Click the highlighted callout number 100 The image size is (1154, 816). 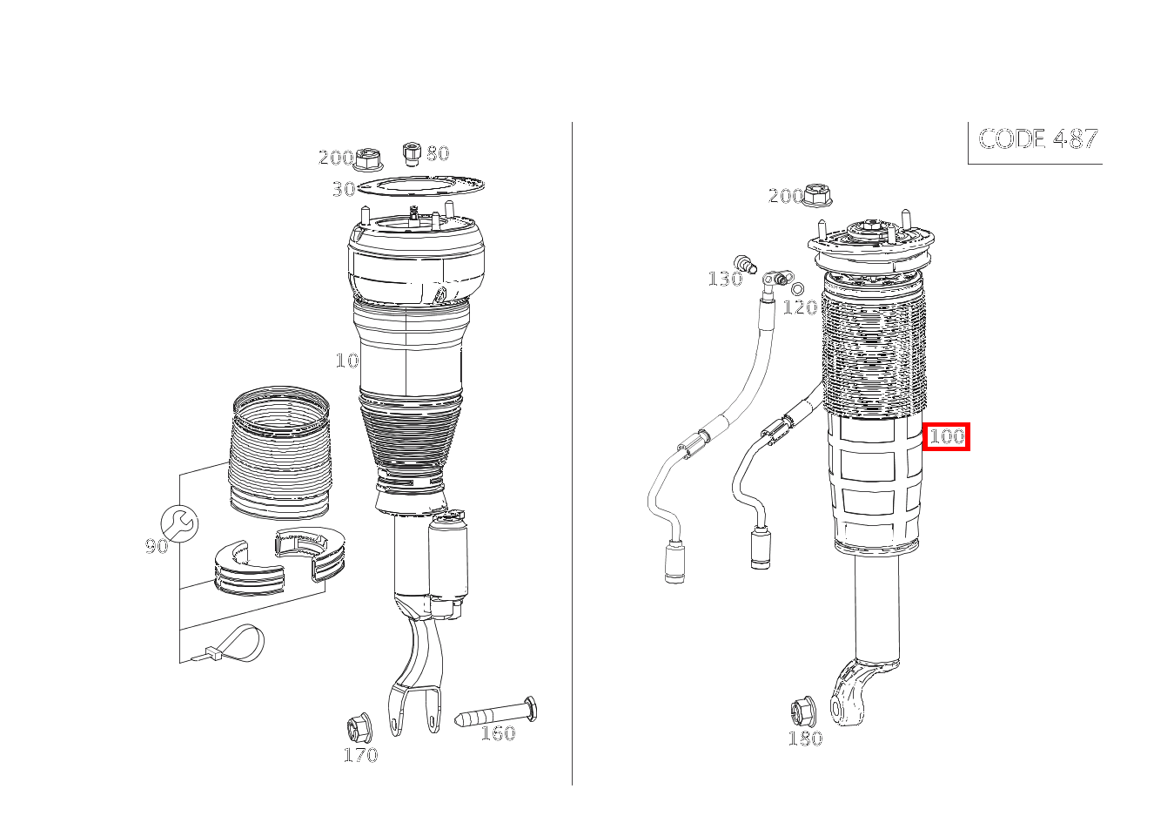(x=946, y=436)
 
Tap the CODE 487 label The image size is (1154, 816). (x=1038, y=139)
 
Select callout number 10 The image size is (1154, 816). (x=347, y=361)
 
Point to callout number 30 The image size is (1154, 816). (x=344, y=189)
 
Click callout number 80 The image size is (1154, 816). (x=438, y=153)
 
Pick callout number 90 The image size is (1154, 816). (x=157, y=546)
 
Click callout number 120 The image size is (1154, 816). (x=800, y=307)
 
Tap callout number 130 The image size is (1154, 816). (x=725, y=279)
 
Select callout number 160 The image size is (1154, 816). (x=498, y=733)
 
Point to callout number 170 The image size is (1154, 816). (x=360, y=756)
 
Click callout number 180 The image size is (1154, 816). (x=806, y=738)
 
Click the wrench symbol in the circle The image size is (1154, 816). (x=179, y=523)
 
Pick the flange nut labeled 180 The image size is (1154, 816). (x=802, y=711)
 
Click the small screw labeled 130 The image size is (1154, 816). (x=746, y=264)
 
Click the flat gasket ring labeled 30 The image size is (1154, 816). (x=420, y=185)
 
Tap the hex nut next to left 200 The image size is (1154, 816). (x=369, y=159)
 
